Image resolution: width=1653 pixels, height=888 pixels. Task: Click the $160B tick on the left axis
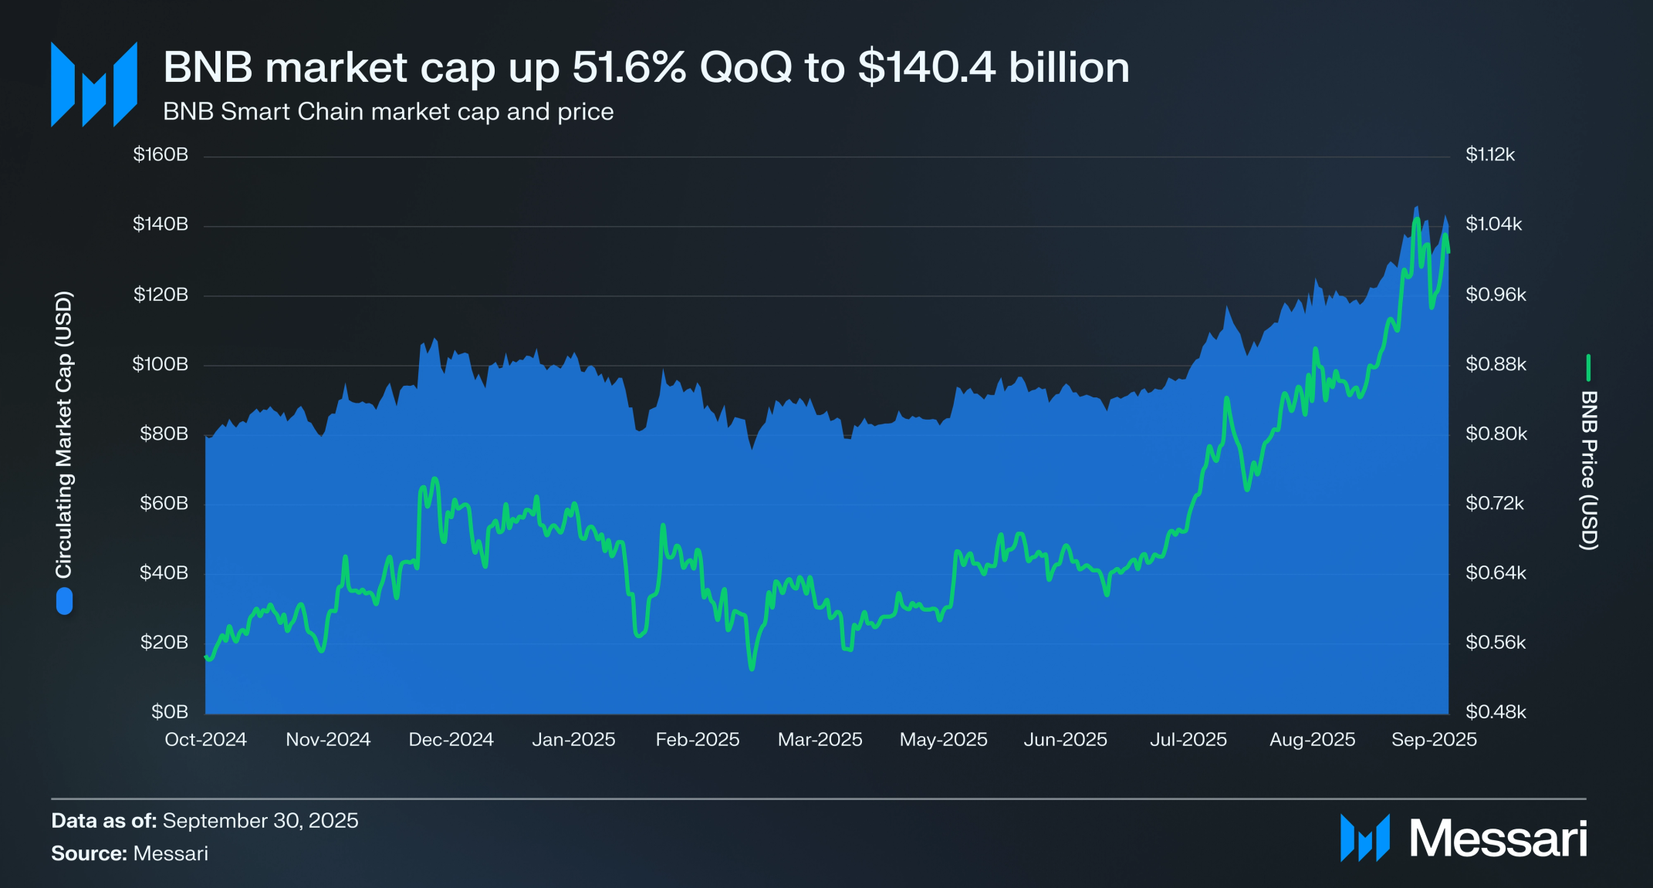click(x=161, y=154)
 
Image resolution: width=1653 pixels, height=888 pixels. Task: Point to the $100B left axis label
click(x=161, y=364)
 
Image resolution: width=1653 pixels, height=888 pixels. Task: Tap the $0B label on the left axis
click(x=170, y=711)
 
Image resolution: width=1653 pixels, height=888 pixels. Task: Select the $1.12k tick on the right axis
click(x=1489, y=154)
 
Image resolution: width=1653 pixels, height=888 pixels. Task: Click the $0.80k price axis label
click(x=1496, y=434)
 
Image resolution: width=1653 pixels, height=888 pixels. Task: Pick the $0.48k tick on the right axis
click(x=1496, y=711)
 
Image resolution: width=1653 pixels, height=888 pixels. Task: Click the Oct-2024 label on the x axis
click(x=205, y=739)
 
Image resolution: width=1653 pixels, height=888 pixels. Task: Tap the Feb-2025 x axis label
click(x=697, y=739)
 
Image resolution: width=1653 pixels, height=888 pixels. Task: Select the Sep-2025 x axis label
click(x=1434, y=739)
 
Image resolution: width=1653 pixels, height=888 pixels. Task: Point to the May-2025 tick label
click(x=943, y=739)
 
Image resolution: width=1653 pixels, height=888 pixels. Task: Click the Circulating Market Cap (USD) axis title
click(x=63, y=434)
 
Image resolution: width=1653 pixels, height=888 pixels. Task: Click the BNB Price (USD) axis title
click(x=1588, y=470)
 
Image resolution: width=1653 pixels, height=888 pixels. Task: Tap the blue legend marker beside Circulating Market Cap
click(x=65, y=601)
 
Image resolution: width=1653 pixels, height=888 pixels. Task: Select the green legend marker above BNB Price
click(x=1588, y=368)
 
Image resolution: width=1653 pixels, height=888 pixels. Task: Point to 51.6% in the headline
click(x=628, y=67)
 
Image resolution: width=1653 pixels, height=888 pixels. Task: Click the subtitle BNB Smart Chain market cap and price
click(x=388, y=112)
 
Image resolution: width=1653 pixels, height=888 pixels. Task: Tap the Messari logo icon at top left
click(x=94, y=84)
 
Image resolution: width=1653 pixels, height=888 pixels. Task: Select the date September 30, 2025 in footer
click(x=260, y=820)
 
